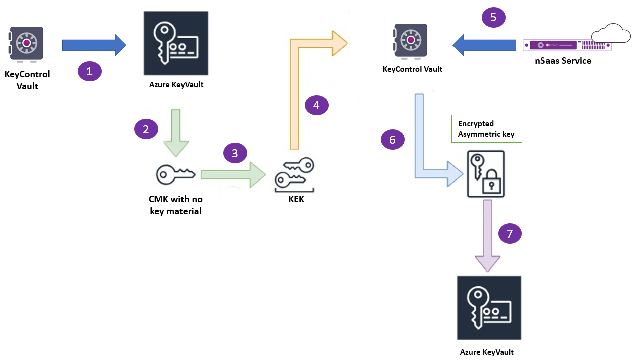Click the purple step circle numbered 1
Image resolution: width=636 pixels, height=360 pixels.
pyautogui.click(x=89, y=72)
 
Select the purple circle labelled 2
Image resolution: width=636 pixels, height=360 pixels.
pyautogui.click(x=146, y=129)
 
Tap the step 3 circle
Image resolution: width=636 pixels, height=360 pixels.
pyautogui.click(x=235, y=153)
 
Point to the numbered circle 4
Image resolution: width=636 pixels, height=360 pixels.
pyautogui.click(x=316, y=105)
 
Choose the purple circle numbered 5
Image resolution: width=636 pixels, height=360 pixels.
pyautogui.click(x=493, y=17)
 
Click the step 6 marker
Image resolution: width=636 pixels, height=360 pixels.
pyautogui.click(x=393, y=140)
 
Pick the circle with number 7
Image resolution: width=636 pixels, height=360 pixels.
pyautogui.click(x=510, y=233)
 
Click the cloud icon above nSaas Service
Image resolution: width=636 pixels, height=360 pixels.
pyautogui.click(x=611, y=35)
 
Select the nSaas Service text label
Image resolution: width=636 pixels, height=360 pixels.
pyautogui.click(x=563, y=61)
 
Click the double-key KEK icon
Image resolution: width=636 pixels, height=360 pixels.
pyautogui.click(x=294, y=175)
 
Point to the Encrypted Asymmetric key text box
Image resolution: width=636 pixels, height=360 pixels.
pyautogui.click(x=486, y=129)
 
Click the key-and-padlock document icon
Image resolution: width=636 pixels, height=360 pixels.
pyautogui.click(x=486, y=173)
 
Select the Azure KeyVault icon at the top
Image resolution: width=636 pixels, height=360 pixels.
pyautogui.click(x=176, y=43)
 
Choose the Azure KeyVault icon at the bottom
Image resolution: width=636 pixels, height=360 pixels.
pyautogui.click(x=489, y=308)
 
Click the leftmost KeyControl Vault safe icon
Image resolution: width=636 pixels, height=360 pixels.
pyautogui.click(x=26, y=43)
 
